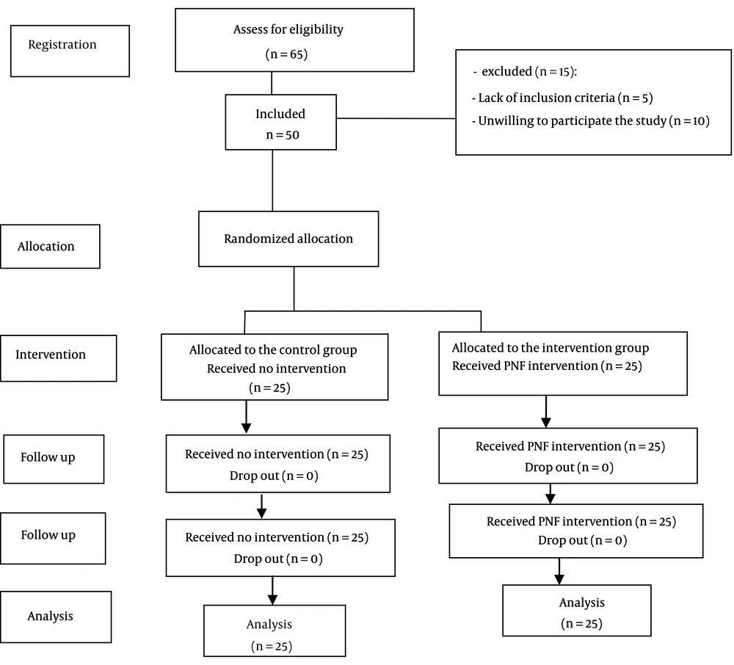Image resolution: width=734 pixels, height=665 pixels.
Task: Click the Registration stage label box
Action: pos(70,51)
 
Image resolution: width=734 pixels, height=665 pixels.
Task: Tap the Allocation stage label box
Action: pos(50,247)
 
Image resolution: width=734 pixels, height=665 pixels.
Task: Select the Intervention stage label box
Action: pos(59,358)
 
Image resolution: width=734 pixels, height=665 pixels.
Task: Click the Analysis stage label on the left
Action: pos(56,617)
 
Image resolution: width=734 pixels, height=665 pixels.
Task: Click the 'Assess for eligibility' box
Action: pos(294,40)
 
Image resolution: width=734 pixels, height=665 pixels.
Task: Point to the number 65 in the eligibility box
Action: pos(297,54)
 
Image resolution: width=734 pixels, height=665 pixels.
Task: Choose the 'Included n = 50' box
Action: pos(281,122)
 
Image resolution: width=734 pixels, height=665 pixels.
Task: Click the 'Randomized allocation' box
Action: pos(288,239)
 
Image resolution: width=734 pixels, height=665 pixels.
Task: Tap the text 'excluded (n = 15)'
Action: pos(528,72)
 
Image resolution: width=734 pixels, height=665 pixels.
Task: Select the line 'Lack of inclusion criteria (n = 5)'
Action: pos(562,98)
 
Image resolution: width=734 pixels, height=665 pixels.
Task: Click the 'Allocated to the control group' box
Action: pos(275,367)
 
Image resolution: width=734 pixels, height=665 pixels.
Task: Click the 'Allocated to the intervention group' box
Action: pos(563,363)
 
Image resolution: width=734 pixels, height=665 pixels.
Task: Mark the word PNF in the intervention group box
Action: pos(515,366)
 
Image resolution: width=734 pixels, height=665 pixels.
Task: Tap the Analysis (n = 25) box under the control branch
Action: pos(275,631)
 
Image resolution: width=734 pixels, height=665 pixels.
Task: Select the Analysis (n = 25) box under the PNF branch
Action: pos(577,610)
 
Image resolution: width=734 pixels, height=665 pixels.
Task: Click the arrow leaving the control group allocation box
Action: pos(246,416)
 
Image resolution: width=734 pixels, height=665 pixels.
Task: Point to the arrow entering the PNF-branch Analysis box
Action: pos(559,571)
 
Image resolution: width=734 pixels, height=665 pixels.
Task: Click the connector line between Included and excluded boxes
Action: pos(396,118)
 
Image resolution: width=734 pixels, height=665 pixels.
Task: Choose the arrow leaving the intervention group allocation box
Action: pos(546,411)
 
